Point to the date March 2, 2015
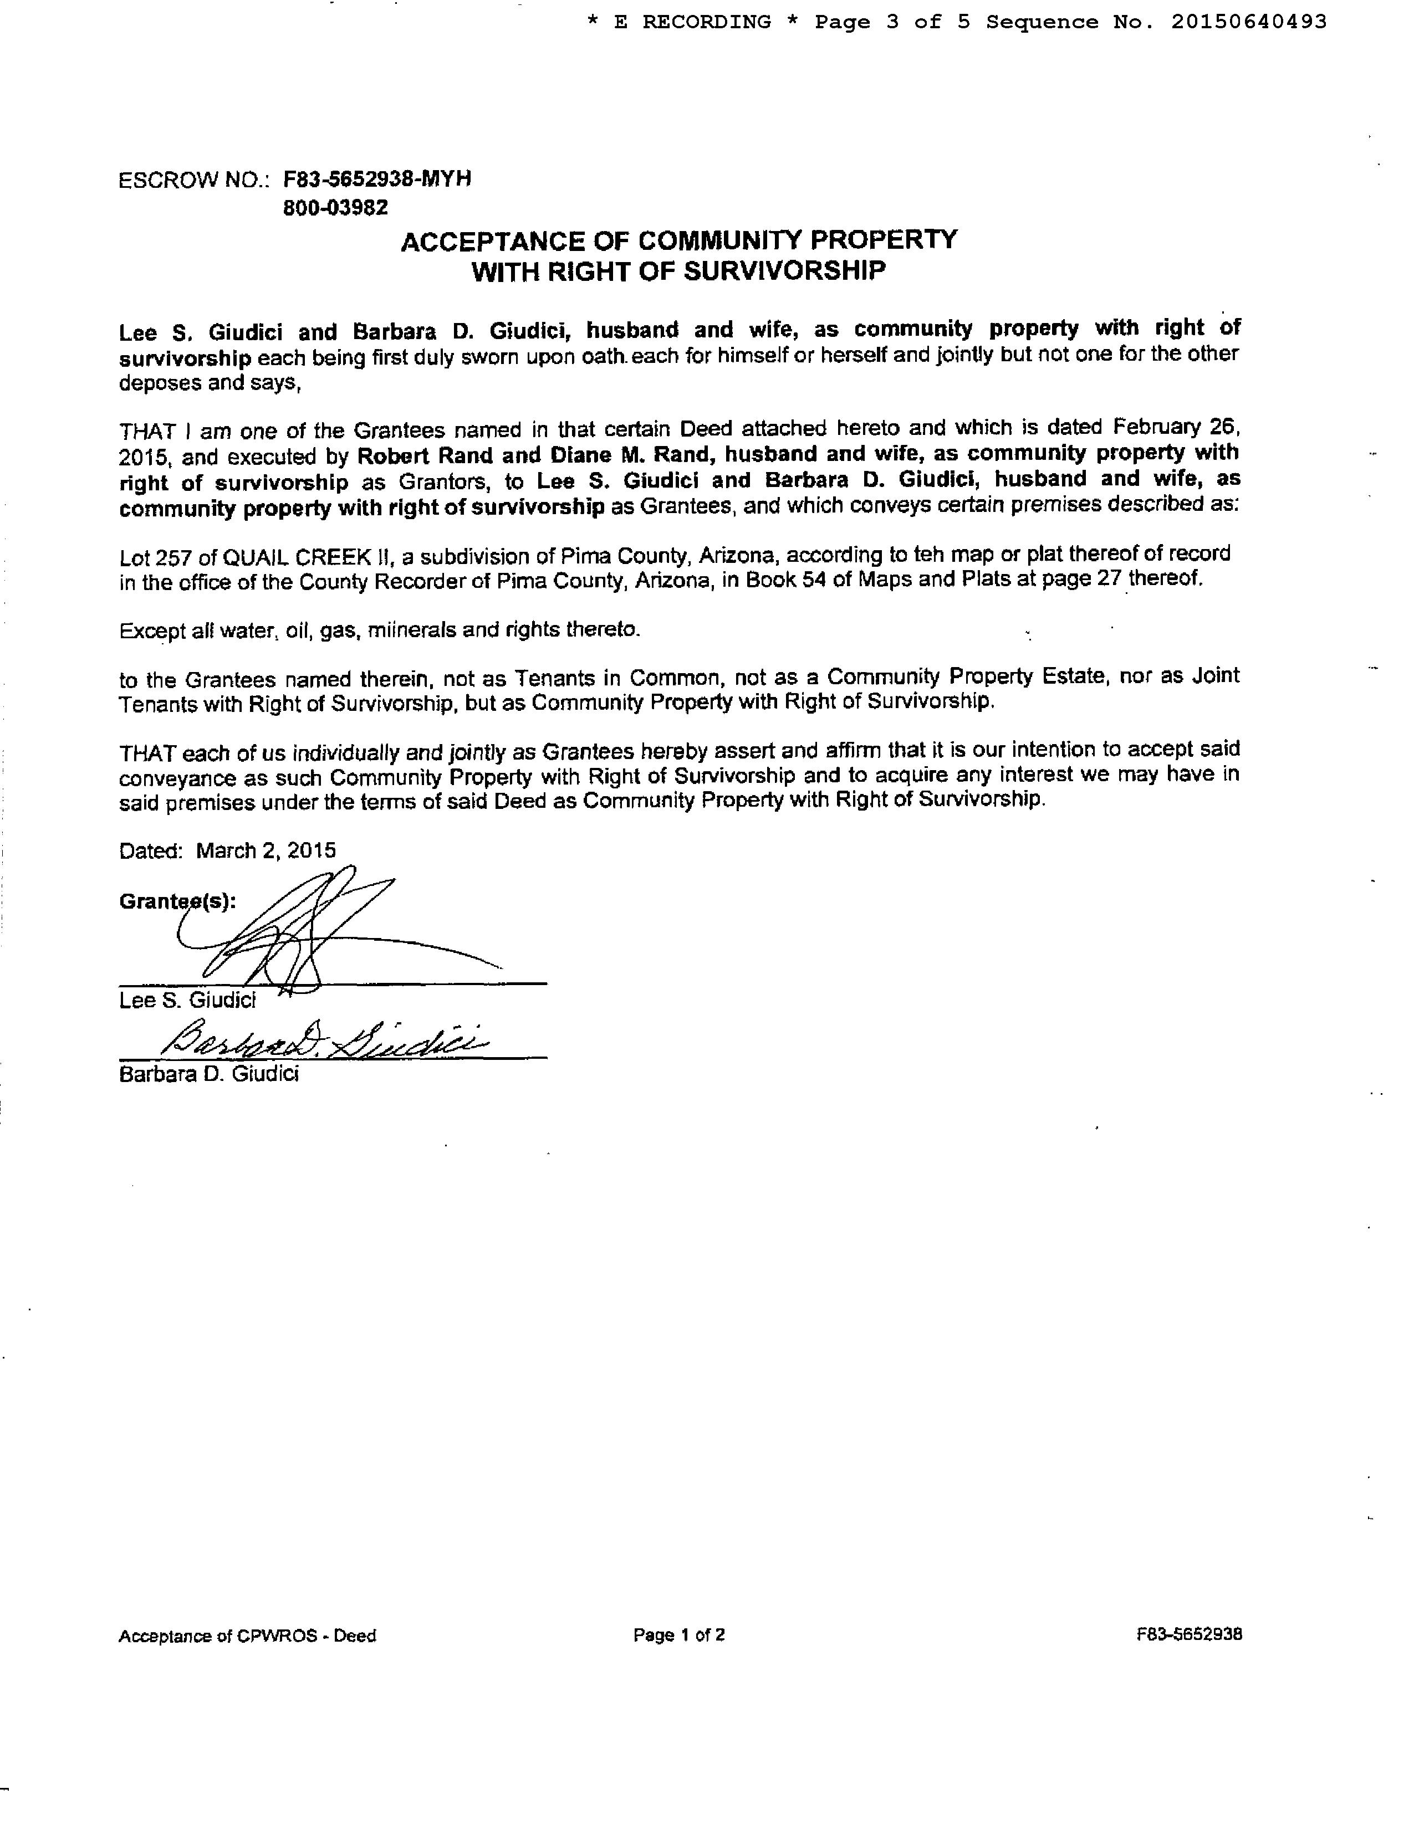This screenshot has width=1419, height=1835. (x=266, y=850)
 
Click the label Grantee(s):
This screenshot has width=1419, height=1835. (x=177, y=901)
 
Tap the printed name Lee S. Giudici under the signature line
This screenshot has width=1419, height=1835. (x=187, y=1000)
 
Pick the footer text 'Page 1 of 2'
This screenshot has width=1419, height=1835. (x=679, y=1635)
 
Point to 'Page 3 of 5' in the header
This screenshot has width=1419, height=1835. (x=892, y=21)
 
